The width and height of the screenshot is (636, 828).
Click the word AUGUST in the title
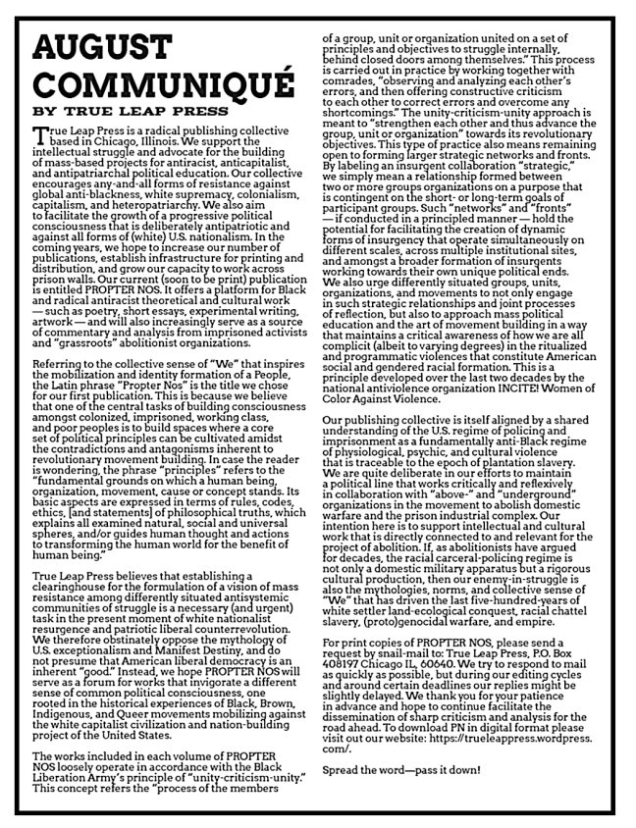97,46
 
